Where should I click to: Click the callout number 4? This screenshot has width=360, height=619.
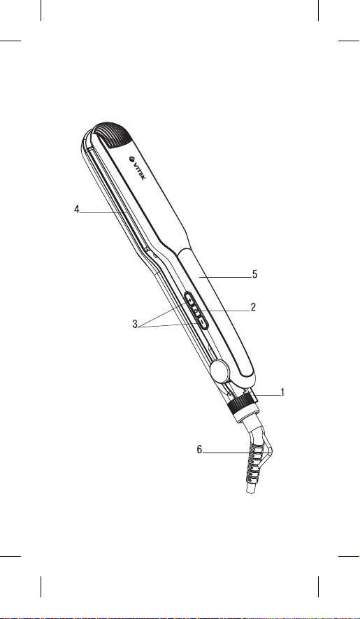[x=77, y=209]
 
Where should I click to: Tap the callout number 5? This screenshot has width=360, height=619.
[x=255, y=274]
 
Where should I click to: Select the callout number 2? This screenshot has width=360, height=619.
[x=253, y=307]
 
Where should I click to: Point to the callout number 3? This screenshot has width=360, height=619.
[x=135, y=325]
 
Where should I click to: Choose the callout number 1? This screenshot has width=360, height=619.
[x=282, y=392]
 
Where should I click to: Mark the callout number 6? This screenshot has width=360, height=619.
[x=199, y=449]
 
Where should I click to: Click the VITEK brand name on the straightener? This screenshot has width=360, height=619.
[x=140, y=171]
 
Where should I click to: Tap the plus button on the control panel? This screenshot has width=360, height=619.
[x=191, y=301]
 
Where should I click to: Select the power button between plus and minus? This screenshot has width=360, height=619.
[x=196, y=311]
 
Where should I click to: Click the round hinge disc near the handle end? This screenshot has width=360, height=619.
[x=219, y=371]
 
